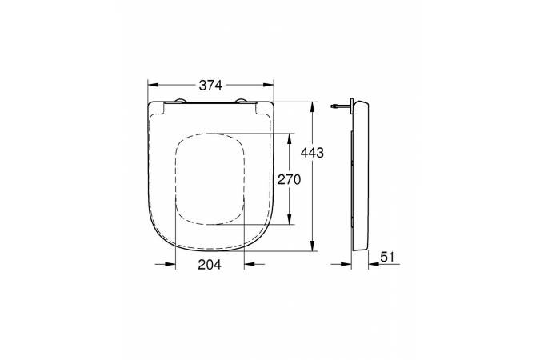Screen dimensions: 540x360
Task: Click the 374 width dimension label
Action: coord(210,85)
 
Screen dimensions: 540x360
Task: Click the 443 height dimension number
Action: coord(312,152)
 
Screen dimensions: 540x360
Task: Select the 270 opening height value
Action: coord(290,179)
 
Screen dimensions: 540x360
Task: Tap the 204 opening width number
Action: coord(210,265)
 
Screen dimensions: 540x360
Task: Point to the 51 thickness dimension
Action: coord(387,257)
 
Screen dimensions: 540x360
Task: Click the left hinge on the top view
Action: coord(180,101)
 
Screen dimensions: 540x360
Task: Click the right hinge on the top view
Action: coord(241,101)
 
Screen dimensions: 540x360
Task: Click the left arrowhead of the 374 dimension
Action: coord(153,85)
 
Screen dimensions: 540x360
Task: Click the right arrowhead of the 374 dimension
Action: coord(269,85)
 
